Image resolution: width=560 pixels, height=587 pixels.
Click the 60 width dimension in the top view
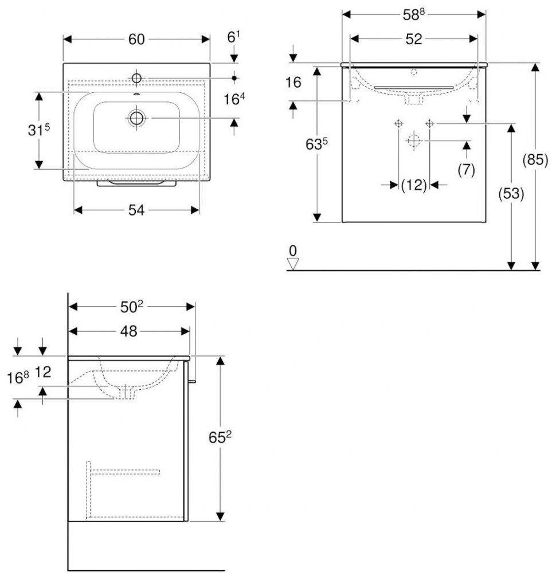pos(136,40)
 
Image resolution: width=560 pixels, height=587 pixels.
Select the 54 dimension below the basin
pos(136,210)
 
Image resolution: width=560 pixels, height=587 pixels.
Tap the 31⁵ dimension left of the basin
pos(38,130)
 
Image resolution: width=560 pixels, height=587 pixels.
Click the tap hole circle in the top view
pos(136,78)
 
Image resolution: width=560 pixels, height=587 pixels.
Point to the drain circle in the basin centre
pos(136,118)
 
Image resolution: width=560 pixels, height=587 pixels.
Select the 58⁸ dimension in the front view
pos(414,14)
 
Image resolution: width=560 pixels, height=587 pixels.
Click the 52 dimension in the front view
pos(414,39)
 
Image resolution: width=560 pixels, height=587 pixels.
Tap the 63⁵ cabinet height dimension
pos(316,144)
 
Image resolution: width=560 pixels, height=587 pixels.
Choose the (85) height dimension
pos(535,160)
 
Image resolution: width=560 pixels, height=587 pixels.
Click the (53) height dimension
pos(511,194)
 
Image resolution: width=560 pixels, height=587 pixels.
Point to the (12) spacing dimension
pos(414,185)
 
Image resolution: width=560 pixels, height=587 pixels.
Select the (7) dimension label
pos(467,170)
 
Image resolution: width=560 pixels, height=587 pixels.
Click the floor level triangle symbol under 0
pos(293,264)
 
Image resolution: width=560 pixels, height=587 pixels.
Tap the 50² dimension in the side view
pos(132,307)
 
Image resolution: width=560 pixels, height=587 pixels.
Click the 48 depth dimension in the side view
pos(128,331)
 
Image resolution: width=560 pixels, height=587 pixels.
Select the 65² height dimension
pos(220,437)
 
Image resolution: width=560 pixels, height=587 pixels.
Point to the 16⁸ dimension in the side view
pos(18,378)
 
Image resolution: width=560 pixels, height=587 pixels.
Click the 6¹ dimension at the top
pos(234,37)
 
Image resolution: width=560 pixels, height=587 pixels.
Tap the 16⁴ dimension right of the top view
pos(234,99)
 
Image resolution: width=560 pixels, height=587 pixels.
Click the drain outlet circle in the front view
pos(414,141)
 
